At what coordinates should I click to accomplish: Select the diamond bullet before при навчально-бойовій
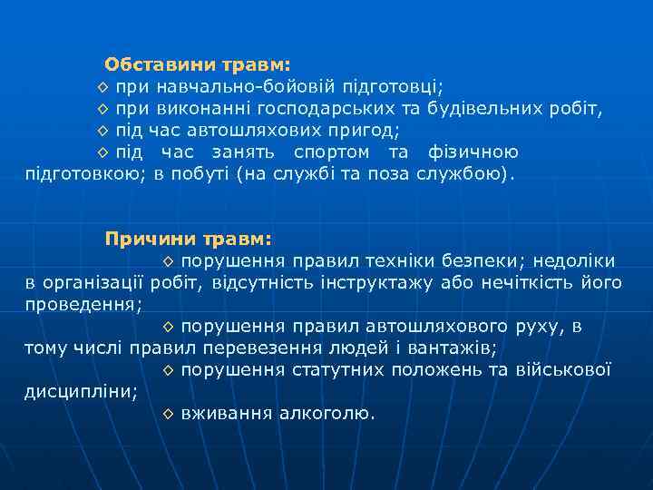coord(102,88)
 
